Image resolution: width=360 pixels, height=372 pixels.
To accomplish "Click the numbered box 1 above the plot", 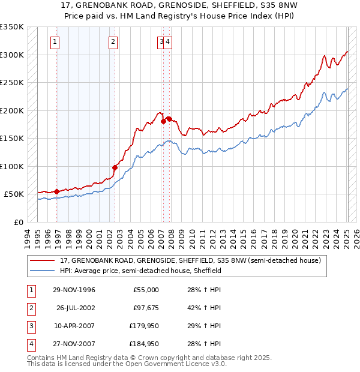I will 55,41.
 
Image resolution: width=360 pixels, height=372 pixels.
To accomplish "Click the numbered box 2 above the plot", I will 113,41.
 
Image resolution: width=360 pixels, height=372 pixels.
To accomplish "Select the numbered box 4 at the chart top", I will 169,41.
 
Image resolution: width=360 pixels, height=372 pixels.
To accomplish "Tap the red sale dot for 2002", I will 115,167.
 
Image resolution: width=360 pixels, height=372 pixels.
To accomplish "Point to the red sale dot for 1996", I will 57,191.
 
